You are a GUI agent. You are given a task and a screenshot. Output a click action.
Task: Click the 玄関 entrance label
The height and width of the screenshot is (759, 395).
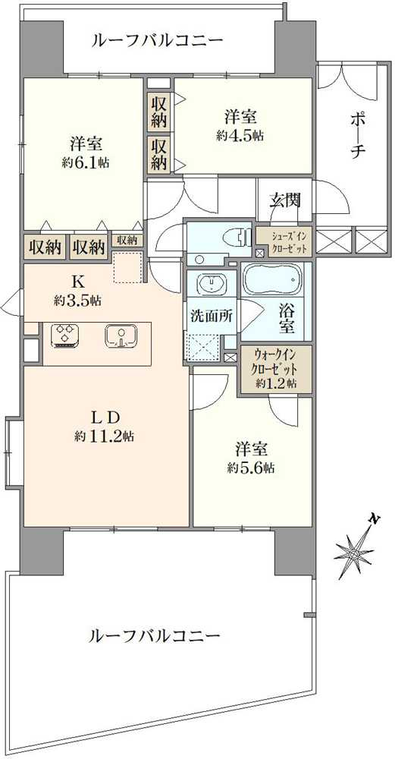tap(285, 200)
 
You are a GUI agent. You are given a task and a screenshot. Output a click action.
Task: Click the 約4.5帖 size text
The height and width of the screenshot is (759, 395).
tap(240, 135)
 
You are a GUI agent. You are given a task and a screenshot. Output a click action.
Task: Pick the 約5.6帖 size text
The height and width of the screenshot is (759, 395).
tap(249, 468)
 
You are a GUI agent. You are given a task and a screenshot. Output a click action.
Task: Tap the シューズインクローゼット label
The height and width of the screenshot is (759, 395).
tap(284, 241)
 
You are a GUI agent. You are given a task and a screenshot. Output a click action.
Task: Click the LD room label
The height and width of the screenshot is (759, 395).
tap(105, 416)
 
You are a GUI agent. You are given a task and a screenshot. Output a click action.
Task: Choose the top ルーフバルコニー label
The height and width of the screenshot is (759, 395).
tap(157, 39)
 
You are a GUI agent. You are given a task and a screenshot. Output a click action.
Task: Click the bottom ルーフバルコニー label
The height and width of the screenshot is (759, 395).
tap(154, 635)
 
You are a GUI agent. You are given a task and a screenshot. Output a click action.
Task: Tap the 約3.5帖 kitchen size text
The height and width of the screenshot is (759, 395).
tap(77, 301)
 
